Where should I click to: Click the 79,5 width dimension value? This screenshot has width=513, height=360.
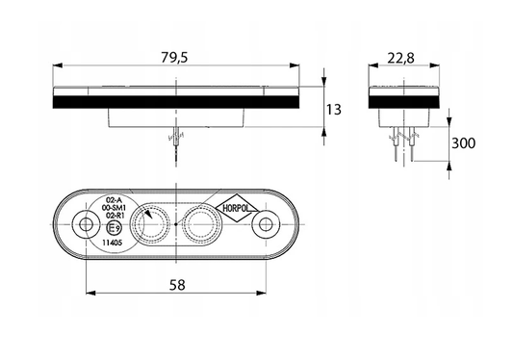(x=174, y=58)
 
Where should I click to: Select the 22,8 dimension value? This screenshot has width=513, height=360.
(x=400, y=59)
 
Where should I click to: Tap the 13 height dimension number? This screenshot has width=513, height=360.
(x=334, y=110)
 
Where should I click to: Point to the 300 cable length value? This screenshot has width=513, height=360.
(x=463, y=143)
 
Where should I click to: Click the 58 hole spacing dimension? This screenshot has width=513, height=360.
(x=177, y=285)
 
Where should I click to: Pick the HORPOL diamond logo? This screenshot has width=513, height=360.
(x=237, y=208)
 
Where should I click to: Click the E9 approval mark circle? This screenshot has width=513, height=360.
(x=115, y=228)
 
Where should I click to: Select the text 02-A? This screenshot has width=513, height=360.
(x=112, y=200)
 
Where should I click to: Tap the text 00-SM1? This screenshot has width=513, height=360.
(x=114, y=208)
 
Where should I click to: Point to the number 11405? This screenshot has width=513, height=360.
(x=113, y=243)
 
